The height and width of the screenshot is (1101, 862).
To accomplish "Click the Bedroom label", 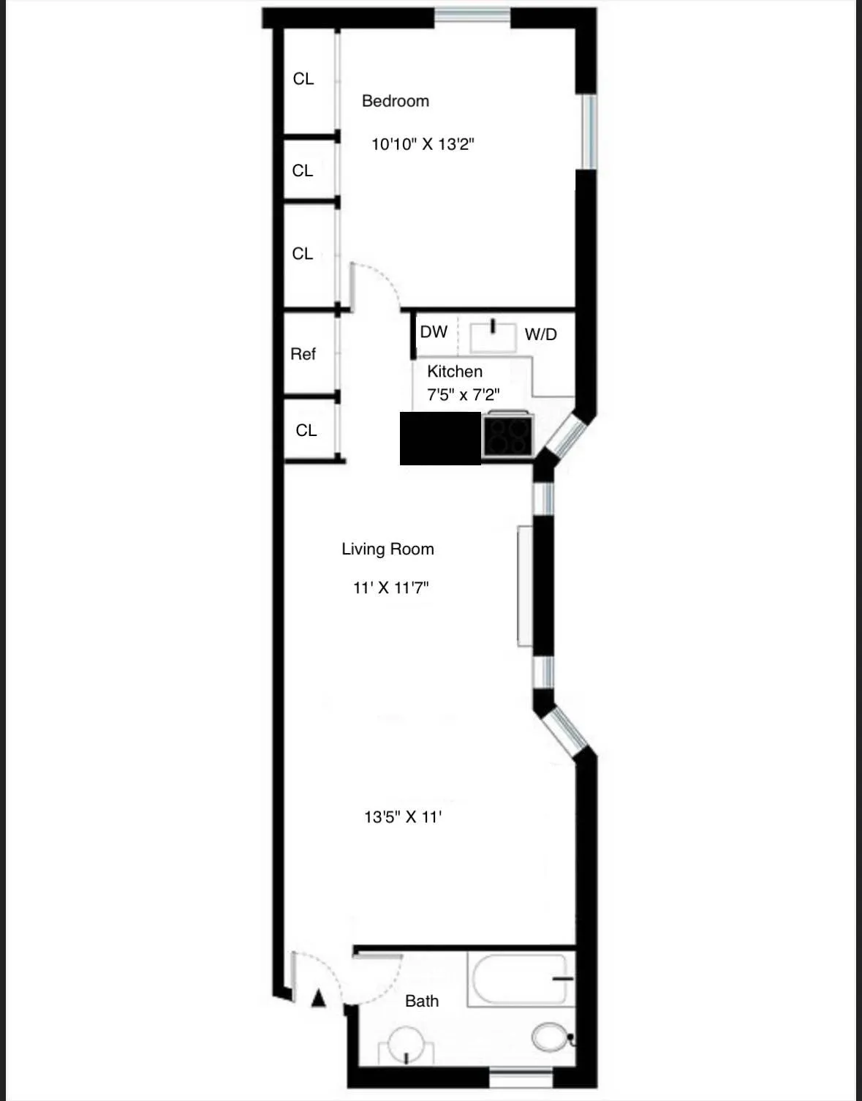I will (395, 101).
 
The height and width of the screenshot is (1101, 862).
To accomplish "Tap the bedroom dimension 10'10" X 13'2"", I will (423, 144).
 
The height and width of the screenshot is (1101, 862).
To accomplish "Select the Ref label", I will (303, 354).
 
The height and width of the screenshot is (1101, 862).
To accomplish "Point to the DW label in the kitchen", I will (434, 332).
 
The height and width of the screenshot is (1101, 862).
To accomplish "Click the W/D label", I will (540, 334).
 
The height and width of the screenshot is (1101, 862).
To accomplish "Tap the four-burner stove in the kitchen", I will (508, 437).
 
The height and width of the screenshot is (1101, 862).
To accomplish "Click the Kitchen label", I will (454, 372).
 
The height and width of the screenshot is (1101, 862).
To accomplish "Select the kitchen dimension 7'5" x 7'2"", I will (463, 395).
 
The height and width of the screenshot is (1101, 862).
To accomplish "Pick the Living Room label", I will (387, 549).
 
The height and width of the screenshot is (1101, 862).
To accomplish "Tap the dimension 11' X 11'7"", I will (390, 587).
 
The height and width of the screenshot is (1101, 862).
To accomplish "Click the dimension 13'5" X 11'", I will (402, 816).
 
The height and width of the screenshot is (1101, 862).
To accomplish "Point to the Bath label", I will (422, 1001).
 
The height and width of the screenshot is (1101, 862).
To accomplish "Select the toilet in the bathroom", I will (551, 1037).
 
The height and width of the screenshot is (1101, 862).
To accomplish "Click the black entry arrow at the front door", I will (318, 998).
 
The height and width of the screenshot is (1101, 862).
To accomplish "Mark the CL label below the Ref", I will (306, 430).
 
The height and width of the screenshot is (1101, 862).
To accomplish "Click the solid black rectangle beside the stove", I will (440, 437).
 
